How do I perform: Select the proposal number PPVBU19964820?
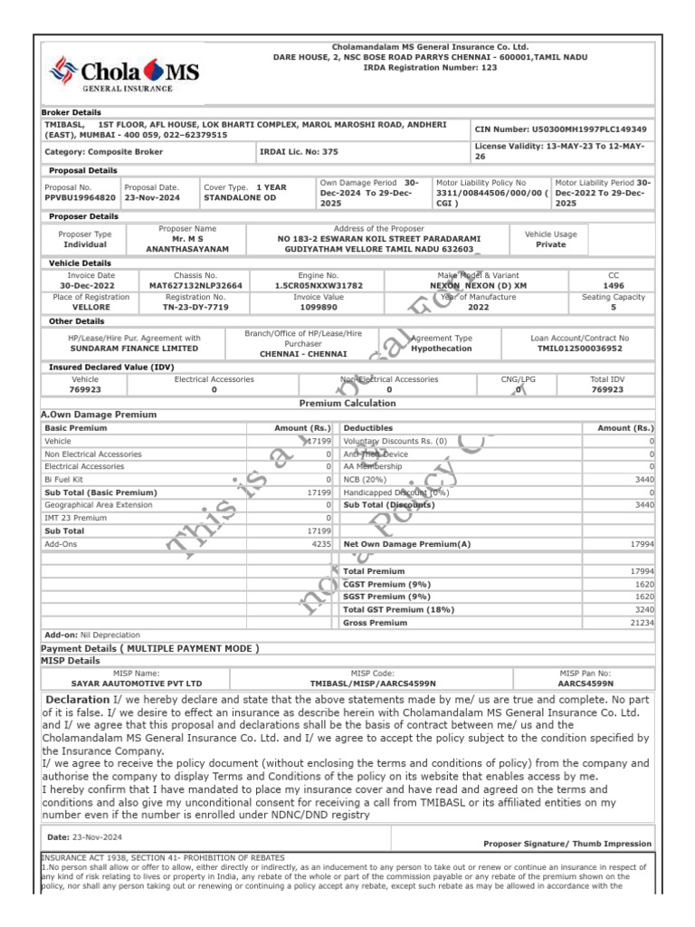(x=81, y=196)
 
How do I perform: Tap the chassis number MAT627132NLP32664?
(x=195, y=285)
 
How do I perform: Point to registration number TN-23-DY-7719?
(x=195, y=307)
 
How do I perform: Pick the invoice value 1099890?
(x=319, y=307)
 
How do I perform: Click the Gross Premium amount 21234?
(x=642, y=623)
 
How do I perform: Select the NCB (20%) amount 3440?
(x=643, y=479)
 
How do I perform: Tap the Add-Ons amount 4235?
(x=320, y=544)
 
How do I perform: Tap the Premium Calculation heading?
(x=347, y=403)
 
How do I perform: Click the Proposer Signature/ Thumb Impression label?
(x=567, y=844)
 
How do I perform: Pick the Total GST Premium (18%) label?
(x=387, y=610)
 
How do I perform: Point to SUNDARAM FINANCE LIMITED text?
(x=134, y=348)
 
